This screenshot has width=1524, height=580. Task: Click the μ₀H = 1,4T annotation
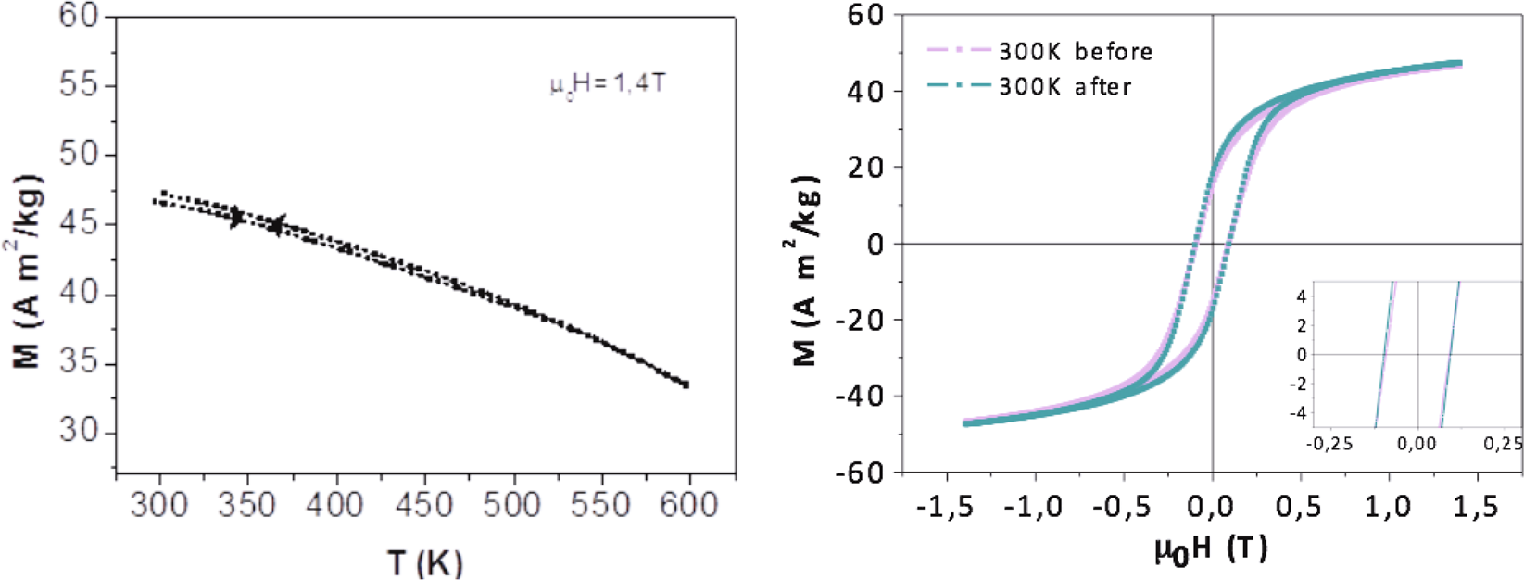point(607,85)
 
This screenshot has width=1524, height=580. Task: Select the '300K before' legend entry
point(1076,52)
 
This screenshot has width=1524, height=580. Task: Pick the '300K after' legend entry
point(1064,87)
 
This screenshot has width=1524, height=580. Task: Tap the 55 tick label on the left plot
point(79,85)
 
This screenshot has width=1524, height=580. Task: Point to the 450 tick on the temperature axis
point(425,505)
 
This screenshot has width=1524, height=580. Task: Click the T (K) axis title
point(425,562)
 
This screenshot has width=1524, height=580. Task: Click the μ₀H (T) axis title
point(1211,549)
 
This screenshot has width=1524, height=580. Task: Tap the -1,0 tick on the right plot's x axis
point(1034,507)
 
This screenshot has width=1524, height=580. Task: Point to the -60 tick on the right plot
point(863,473)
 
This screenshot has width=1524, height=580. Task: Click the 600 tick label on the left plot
point(689,505)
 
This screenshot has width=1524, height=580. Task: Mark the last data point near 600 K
point(686,385)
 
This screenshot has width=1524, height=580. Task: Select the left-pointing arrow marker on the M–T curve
point(276,224)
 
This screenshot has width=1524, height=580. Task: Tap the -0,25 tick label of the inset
point(1329,445)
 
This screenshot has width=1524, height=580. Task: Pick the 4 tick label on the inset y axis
point(1302,297)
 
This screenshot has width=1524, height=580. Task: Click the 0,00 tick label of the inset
point(1417,445)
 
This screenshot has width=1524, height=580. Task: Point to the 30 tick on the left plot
point(79,432)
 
